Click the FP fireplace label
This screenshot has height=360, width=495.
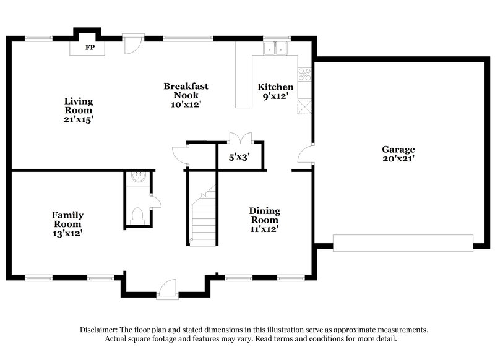tap(90, 48)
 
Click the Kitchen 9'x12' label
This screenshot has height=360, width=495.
tap(275, 91)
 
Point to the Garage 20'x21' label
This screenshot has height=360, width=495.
tap(398, 153)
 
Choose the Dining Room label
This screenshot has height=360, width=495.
tap(264, 220)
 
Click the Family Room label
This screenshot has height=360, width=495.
tap(67, 224)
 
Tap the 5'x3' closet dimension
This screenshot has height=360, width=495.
tap(238, 158)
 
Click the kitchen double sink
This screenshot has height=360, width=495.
tap(276, 48)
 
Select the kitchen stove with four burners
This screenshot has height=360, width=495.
tap(304, 75)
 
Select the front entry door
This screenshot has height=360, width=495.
tap(167, 289)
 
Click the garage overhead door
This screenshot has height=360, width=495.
tap(403, 242)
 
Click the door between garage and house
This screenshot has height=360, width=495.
tap(306, 155)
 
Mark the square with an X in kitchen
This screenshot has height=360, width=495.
tap(304, 107)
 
